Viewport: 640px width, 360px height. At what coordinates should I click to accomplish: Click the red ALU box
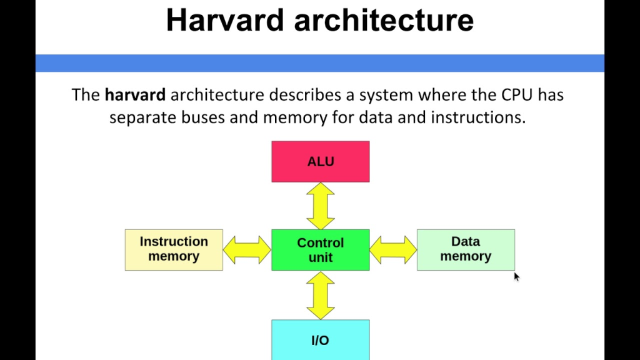point(321,162)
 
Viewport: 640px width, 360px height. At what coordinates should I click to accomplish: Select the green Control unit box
point(321,250)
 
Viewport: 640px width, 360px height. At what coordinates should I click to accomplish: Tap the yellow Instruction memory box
point(174,250)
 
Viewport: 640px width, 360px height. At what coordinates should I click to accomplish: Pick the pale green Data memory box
point(466,250)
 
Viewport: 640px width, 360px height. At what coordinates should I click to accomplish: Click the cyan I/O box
point(321,340)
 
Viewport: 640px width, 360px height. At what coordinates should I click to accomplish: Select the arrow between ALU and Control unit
point(321,206)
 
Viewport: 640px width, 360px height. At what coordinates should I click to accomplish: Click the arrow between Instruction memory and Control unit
point(247,250)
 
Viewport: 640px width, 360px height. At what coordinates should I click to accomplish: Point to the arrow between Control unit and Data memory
point(393,250)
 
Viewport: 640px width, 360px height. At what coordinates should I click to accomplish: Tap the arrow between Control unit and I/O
point(321,296)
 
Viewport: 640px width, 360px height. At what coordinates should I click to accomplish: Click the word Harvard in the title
point(225,20)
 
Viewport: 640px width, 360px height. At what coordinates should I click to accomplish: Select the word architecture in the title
point(384,20)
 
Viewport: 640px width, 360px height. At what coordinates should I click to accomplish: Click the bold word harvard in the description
point(135,95)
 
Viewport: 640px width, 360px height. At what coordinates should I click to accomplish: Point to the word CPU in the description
point(517,95)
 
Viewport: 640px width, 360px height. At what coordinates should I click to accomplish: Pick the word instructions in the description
point(478,117)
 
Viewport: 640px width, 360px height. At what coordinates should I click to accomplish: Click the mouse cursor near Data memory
point(516,277)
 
